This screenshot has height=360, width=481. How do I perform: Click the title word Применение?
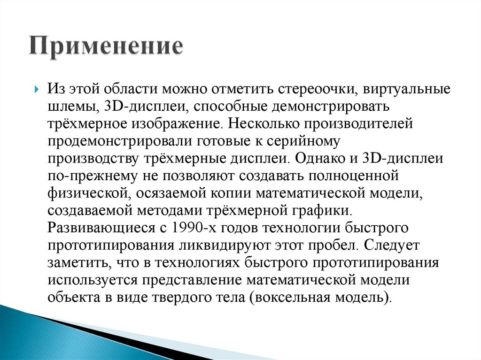[x=105, y=48]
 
